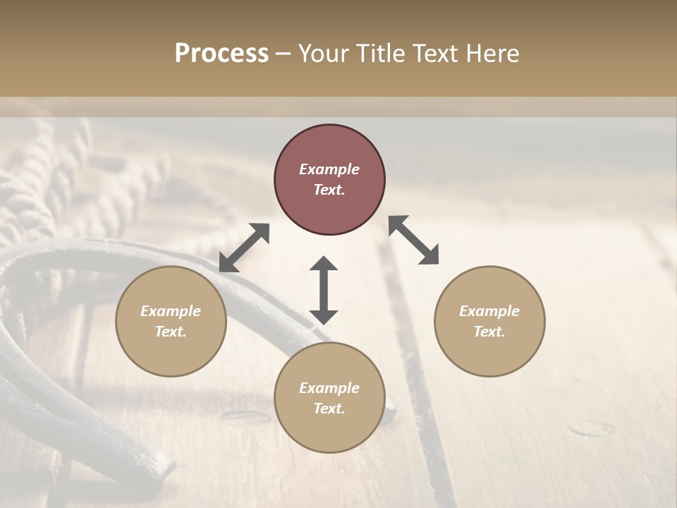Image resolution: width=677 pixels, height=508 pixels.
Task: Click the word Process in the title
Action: click(221, 54)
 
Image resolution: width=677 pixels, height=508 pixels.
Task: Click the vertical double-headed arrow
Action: click(324, 290)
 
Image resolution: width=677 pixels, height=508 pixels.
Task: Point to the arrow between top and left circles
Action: click(244, 248)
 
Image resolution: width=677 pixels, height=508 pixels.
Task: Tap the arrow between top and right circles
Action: click(414, 240)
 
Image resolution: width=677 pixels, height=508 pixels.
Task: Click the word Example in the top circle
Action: click(329, 169)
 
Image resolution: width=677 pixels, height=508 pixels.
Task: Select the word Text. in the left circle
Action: click(171, 332)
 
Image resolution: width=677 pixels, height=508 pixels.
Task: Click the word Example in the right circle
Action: click(489, 311)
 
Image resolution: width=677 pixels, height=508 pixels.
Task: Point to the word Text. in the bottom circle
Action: click(329, 409)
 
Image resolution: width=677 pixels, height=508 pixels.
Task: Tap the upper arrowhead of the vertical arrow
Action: click(324, 264)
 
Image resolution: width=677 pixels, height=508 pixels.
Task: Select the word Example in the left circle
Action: click(171, 311)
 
